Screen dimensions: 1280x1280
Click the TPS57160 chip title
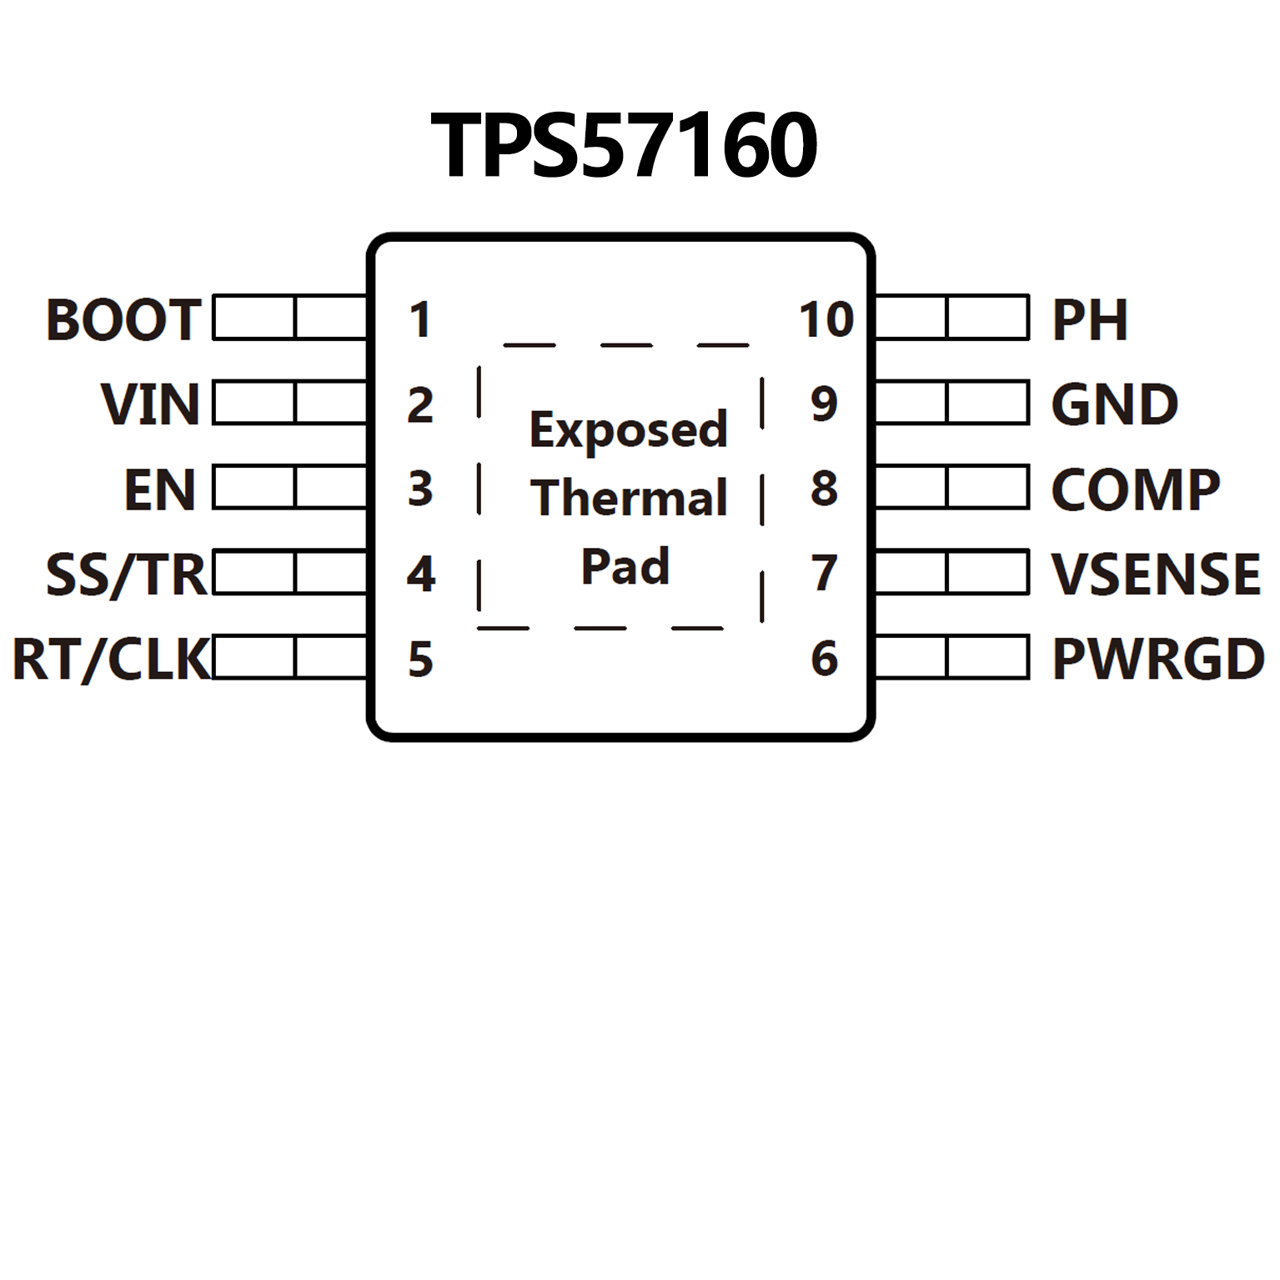click(624, 146)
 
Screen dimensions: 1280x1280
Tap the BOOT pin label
click(123, 319)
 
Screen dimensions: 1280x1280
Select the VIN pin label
click(151, 404)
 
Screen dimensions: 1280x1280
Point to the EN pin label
click(160, 489)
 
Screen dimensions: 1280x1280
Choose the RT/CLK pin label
click(111, 660)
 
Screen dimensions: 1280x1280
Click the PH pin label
click(1090, 319)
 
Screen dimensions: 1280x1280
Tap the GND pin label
click(1115, 404)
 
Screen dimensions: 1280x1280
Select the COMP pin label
click(1136, 489)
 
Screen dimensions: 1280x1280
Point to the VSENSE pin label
click(1156, 575)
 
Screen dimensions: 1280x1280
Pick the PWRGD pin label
click(1158, 660)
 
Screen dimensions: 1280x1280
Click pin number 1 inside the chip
click(420, 320)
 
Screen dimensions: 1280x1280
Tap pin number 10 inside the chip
click(826, 320)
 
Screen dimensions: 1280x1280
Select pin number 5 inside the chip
click(420, 660)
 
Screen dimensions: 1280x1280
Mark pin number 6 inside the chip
click(824, 659)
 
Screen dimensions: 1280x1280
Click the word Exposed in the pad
click(629, 430)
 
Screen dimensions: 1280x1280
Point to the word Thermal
click(629, 499)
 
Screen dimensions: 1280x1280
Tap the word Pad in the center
click(625, 567)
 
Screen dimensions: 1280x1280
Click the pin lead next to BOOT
click(289, 317)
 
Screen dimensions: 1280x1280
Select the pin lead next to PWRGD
click(952, 657)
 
